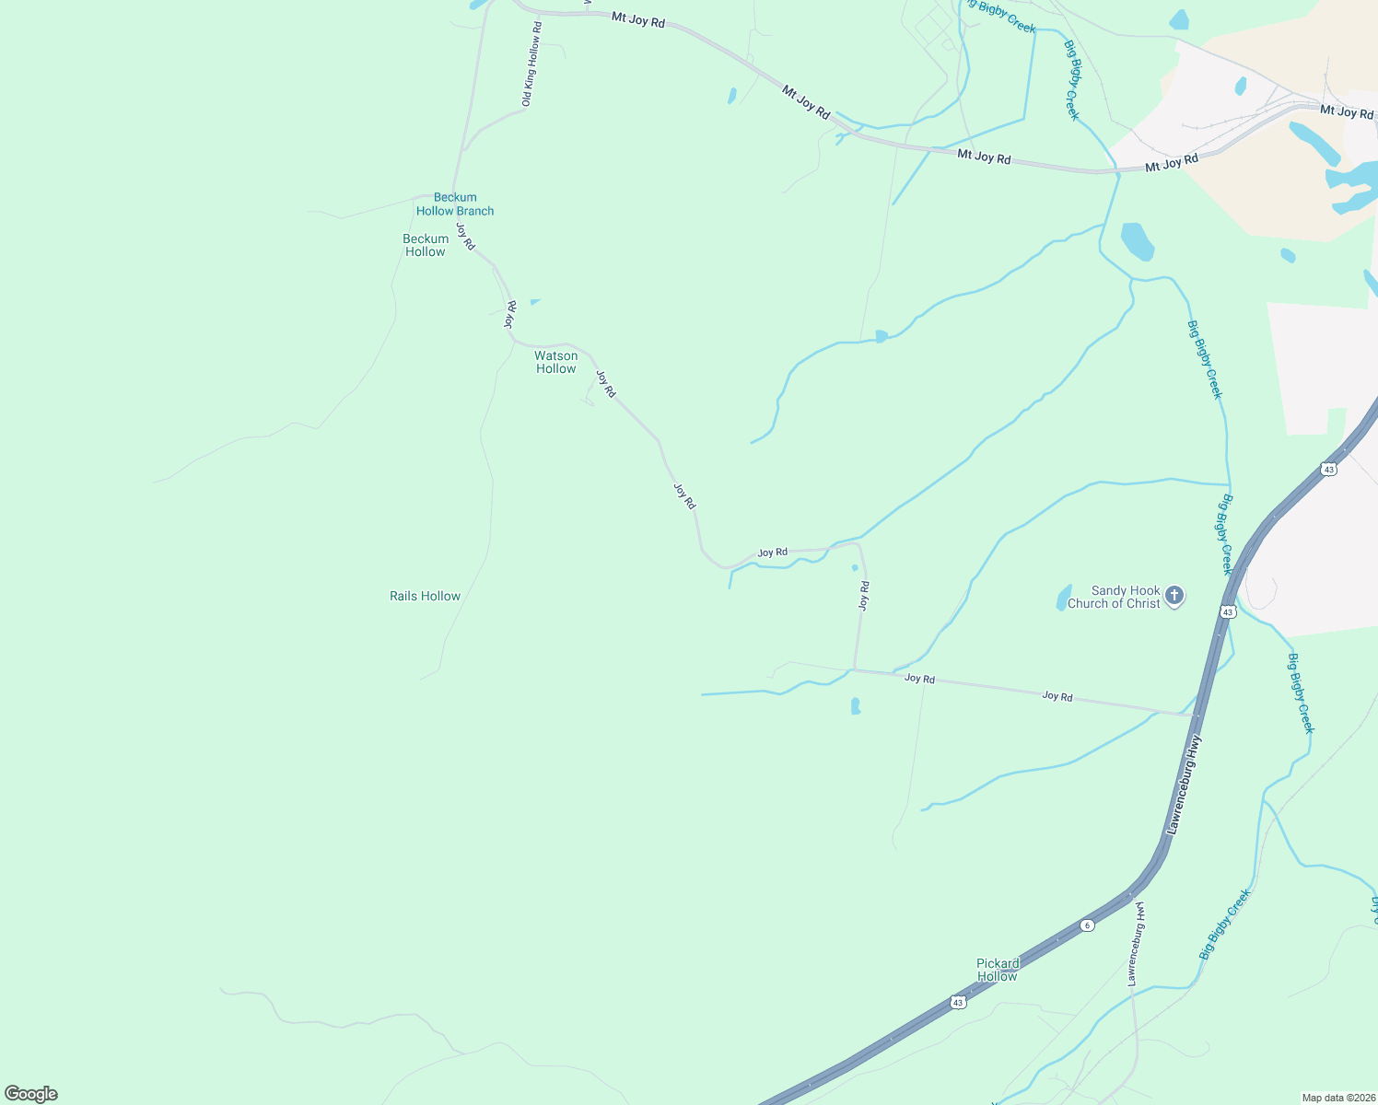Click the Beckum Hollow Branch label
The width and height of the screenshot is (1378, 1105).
[455, 204]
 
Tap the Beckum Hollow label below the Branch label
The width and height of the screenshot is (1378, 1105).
[426, 245]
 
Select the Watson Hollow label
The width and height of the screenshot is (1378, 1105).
[556, 362]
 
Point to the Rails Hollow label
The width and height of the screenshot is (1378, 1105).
[425, 596]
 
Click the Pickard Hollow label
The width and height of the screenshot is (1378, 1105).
[998, 970]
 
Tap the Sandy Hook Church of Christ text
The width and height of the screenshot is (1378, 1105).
[1114, 597]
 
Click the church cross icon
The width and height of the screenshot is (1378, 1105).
[1174, 596]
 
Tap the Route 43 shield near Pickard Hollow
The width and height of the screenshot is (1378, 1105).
[958, 1001]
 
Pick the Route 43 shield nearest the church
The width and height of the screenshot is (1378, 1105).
[1227, 611]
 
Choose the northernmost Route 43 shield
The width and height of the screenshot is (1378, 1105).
[1327, 469]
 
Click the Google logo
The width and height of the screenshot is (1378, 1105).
[30, 1094]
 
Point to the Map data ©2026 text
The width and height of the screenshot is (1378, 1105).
[1337, 1098]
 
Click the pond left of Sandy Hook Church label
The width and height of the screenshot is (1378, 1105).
[1064, 598]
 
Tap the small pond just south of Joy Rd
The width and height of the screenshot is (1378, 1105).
[856, 706]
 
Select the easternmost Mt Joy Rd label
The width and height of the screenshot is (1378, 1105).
[1346, 111]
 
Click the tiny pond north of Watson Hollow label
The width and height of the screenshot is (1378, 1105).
[534, 301]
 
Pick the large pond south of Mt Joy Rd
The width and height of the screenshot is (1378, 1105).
[1137, 241]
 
